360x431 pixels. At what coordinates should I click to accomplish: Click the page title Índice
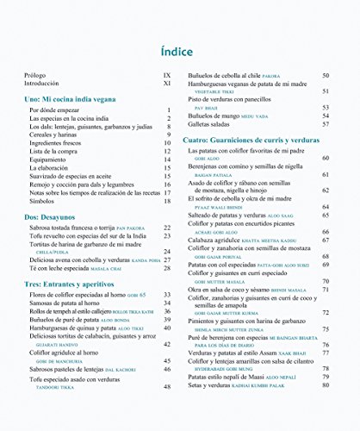(x=180, y=51)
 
